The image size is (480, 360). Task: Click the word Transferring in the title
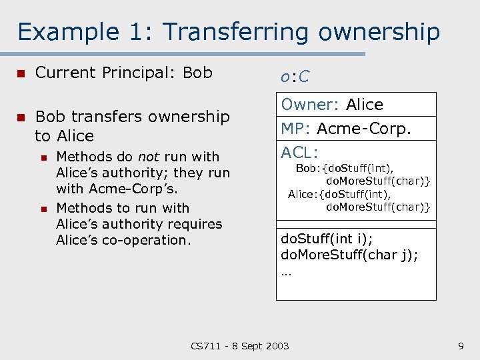(236, 32)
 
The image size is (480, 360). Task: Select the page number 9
(461, 345)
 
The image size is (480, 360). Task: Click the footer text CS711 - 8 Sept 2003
(240, 345)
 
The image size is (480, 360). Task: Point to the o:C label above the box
(295, 77)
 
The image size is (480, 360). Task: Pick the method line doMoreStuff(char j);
(349, 255)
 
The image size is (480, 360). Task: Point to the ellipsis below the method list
(287, 271)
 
